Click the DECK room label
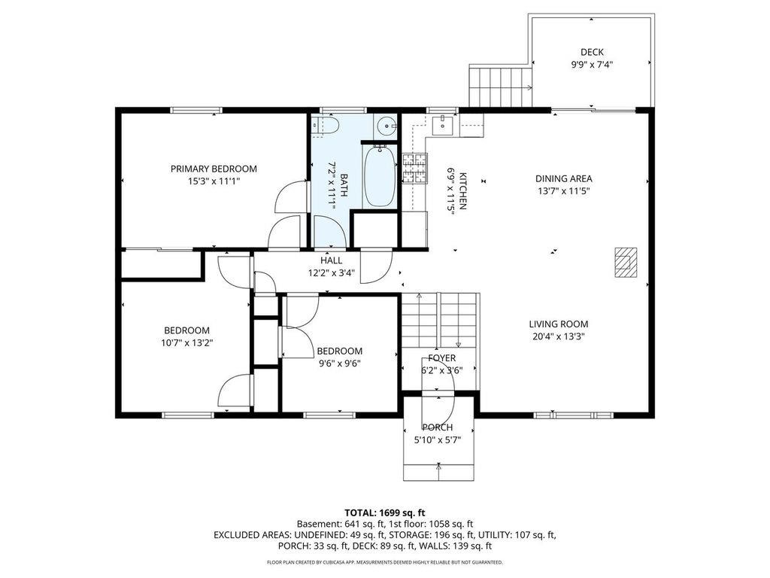click(592, 52)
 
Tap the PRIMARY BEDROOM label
click(214, 169)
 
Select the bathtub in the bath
click(380, 176)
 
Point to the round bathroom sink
click(386, 126)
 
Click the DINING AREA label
click(563, 178)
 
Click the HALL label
click(331, 260)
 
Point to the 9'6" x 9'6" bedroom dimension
click(339, 364)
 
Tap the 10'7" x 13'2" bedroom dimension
click(186, 342)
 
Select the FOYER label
click(441, 357)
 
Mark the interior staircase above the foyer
click(439, 320)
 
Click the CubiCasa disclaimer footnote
click(384, 562)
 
